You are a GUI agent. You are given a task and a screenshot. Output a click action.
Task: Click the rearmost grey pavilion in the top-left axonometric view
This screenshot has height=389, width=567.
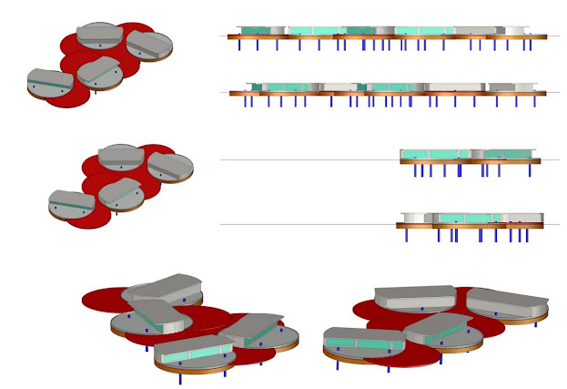pyautogui.click(x=101, y=33)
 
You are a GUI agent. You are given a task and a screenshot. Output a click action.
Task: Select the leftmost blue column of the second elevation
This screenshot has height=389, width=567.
pyautogui.click(x=247, y=102)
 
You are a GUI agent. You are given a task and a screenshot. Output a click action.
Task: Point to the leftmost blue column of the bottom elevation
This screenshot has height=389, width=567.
pyautogui.click(x=407, y=235)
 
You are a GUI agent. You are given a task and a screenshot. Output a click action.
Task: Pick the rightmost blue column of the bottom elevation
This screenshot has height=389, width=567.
pyautogui.click(x=527, y=235)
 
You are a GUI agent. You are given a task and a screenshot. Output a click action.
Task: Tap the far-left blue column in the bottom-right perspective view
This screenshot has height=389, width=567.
pyautogui.click(x=339, y=365)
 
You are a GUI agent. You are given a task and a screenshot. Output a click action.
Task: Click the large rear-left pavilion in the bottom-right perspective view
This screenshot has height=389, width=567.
pyautogui.click(x=415, y=295)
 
